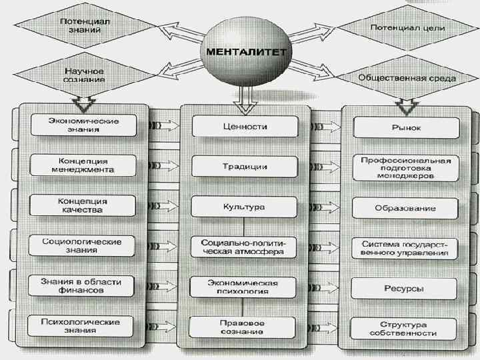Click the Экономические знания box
(x=84, y=125)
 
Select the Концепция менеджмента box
(x=83, y=165)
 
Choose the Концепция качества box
(x=83, y=205)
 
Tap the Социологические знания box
(x=83, y=245)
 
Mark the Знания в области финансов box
(x=83, y=286)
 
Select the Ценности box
(x=244, y=126)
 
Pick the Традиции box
(x=244, y=166)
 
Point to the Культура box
(x=244, y=207)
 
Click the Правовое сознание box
(x=244, y=327)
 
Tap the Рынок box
(x=405, y=127)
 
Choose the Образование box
(x=405, y=208)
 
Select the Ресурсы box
(x=405, y=289)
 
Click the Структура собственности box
(x=405, y=328)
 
